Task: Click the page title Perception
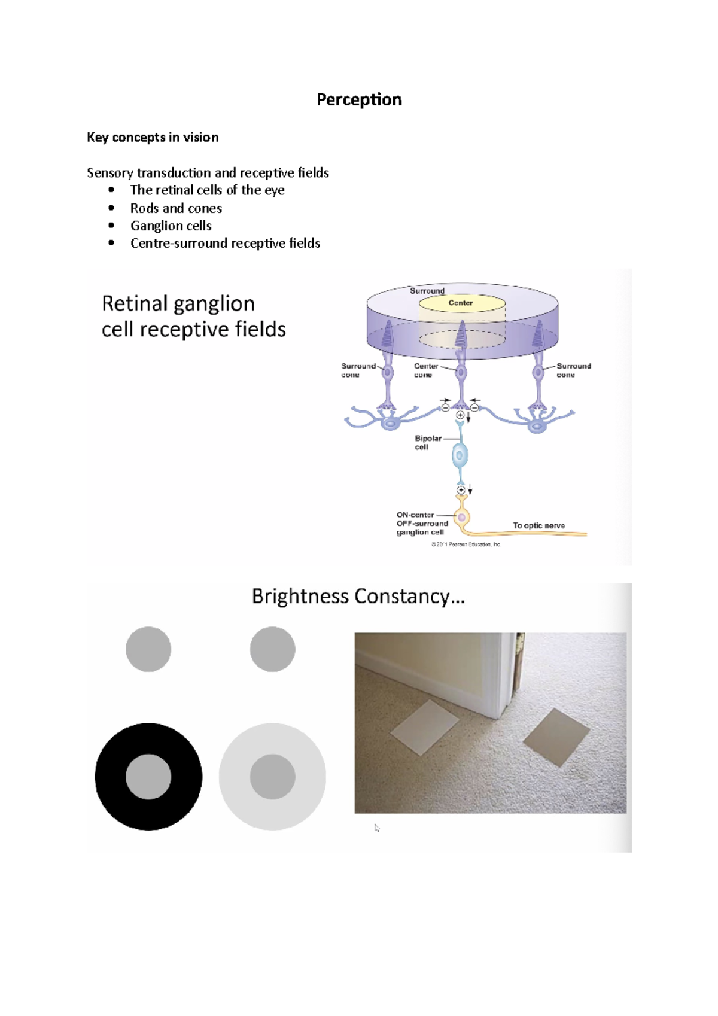(x=359, y=99)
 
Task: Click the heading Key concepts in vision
(x=153, y=137)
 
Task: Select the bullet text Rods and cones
(x=176, y=208)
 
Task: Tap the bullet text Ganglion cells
(x=171, y=226)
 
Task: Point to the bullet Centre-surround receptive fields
(x=225, y=243)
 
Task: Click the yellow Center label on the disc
(x=461, y=303)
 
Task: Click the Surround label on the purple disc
(x=427, y=291)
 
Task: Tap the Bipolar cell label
(x=427, y=442)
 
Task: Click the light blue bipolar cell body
(x=460, y=456)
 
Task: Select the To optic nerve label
(x=538, y=525)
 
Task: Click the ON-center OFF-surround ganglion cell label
(x=421, y=523)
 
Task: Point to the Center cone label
(x=425, y=370)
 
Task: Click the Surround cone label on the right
(x=573, y=370)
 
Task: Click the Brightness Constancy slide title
(x=358, y=597)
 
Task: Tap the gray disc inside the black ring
(x=148, y=777)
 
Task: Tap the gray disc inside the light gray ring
(x=272, y=777)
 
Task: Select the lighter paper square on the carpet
(x=425, y=728)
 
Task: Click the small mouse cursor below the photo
(x=376, y=828)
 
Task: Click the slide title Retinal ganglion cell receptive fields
(x=193, y=317)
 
